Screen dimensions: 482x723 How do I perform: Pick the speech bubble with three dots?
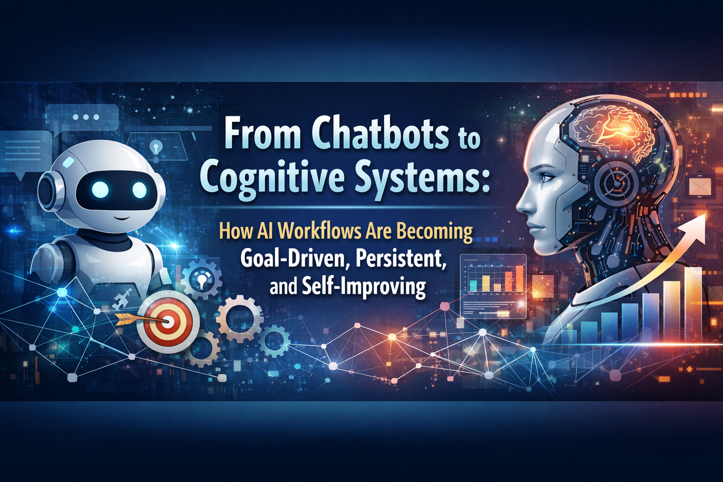pyautogui.click(x=87, y=117)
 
